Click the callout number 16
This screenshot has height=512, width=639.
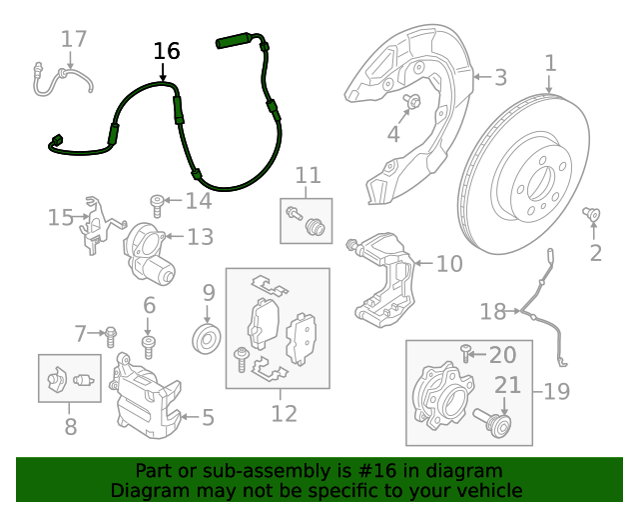(167, 51)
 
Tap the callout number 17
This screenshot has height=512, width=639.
(74, 39)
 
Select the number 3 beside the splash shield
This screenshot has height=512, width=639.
(500, 77)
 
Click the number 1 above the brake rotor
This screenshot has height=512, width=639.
(550, 65)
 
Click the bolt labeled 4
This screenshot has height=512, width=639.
(412, 101)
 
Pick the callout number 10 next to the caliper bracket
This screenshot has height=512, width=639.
(449, 264)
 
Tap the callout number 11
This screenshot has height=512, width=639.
(308, 175)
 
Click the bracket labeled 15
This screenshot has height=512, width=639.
(93, 224)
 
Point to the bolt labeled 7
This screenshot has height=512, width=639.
(111, 332)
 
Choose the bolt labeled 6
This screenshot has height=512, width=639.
(149, 346)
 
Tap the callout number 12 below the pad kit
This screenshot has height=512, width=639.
(284, 412)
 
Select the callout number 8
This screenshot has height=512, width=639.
(70, 427)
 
